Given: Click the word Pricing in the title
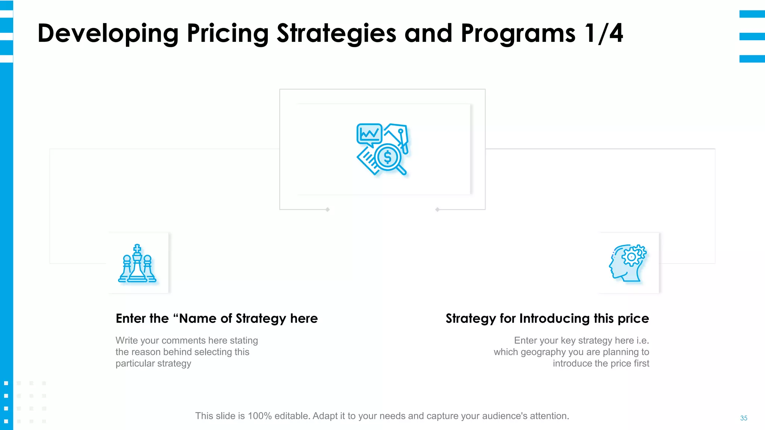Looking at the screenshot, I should (x=227, y=34).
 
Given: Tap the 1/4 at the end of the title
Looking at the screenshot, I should (x=604, y=34).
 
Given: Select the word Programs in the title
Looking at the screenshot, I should (x=518, y=34).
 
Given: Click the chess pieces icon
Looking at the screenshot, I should (x=137, y=264).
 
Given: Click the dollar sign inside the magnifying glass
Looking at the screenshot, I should (x=388, y=157).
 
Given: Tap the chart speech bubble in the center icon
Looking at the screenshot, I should (x=369, y=134).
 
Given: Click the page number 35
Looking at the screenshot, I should (x=743, y=418).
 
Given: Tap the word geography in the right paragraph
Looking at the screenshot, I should (x=543, y=352).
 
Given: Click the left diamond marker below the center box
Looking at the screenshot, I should (x=328, y=209).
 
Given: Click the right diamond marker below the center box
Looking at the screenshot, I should (x=437, y=209).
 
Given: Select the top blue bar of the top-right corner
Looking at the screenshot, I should (x=752, y=14).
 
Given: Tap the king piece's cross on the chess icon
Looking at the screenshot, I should (x=137, y=248).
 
